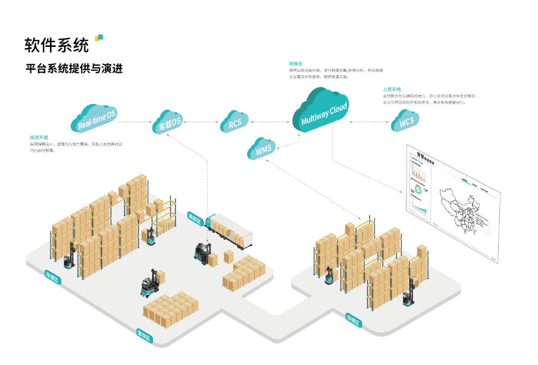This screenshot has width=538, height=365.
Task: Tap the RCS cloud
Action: pos(235,122)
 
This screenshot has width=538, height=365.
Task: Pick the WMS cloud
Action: pos(263,148)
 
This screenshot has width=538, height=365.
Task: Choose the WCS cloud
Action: pos(405,121)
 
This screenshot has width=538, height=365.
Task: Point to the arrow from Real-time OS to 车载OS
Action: pos(134,121)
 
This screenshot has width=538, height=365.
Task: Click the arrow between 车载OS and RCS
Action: pos(202,121)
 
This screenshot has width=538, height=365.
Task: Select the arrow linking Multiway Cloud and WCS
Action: pos(369,122)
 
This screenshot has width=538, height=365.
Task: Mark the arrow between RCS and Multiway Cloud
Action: pos(271,121)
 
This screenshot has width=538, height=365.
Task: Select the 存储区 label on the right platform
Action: pos(353,320)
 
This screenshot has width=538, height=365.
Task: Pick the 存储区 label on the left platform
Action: pos(52,277)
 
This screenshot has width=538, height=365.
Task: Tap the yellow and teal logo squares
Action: pos(99,38)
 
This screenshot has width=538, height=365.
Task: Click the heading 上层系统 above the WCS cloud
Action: pos(392,89)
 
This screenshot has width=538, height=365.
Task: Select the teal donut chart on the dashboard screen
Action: pos(418,189)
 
